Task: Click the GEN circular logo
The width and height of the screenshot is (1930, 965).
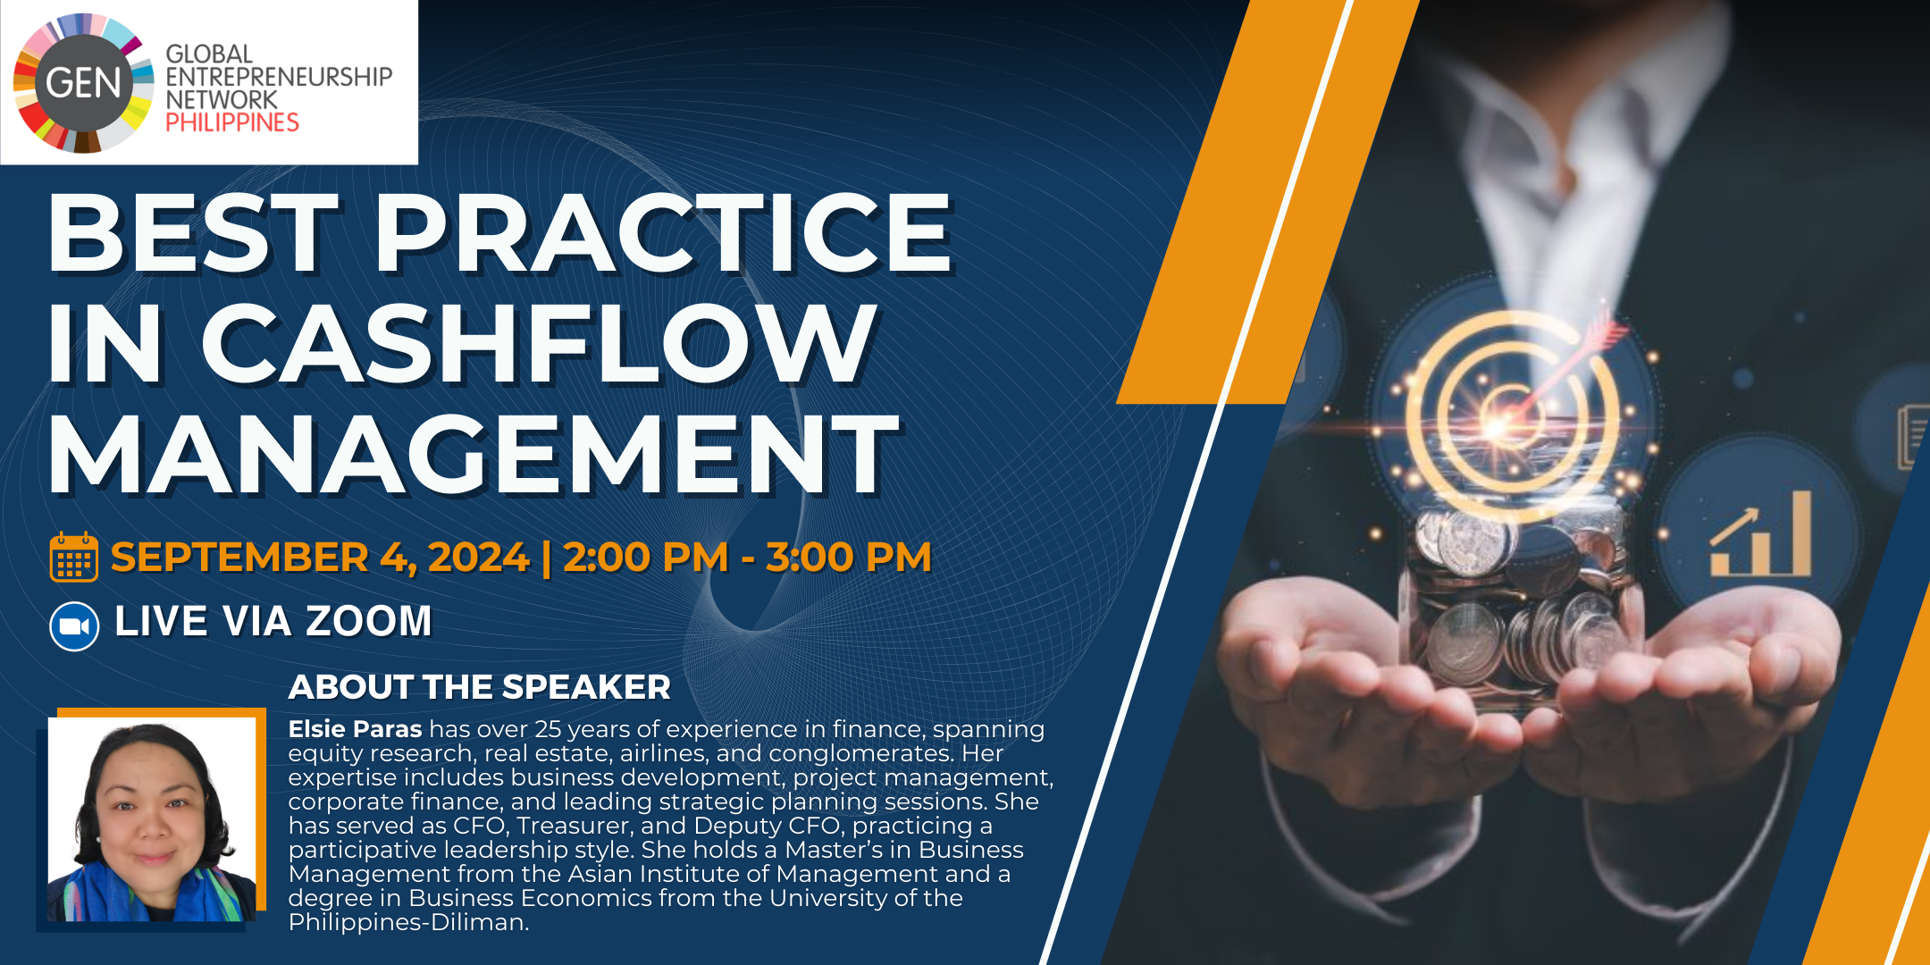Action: tap(83, 83)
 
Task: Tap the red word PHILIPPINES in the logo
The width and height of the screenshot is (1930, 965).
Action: tap(232, 122)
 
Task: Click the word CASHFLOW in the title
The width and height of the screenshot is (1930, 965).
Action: tap(539, 343)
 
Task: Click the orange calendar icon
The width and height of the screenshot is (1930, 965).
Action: tap(74, 557)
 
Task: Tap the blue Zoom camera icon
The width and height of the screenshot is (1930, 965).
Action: tap(74, 626)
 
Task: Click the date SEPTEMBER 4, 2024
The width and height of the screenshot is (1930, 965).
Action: tap(320, 558)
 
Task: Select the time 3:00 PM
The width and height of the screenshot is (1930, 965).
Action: tap(849, 557)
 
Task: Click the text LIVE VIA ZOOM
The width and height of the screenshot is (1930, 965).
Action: tap(273, 621)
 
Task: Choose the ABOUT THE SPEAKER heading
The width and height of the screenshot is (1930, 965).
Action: tap(479, 686)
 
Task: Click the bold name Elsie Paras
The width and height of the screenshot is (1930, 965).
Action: tap(355, 729)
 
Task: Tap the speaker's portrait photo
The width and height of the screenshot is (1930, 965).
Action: tap(152, 819)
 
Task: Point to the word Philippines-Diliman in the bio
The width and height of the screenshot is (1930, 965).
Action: tap(408, 922)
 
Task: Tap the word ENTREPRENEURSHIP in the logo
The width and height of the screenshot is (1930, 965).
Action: tap(279, 77)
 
